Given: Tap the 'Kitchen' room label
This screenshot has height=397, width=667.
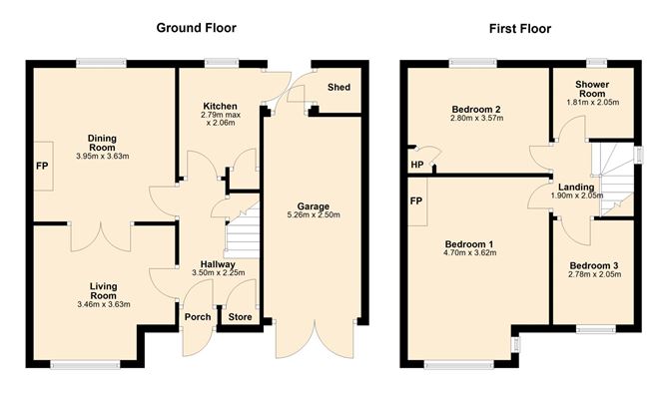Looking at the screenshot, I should [x=219, y=106].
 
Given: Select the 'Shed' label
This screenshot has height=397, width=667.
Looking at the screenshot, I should [x=339, y=88].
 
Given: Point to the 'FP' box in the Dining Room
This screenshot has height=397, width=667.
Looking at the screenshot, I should [x=41, y=167].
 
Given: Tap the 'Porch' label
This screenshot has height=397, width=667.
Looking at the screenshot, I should [x=198, y=318].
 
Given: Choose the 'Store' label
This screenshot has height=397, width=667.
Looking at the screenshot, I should [x=240, y=318].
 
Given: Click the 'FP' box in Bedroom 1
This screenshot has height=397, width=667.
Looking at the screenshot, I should [x=415, y=199].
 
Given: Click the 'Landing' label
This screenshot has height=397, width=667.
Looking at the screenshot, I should [x=576, y=187].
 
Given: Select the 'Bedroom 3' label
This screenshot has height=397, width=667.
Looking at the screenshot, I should [x=594, y=265].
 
